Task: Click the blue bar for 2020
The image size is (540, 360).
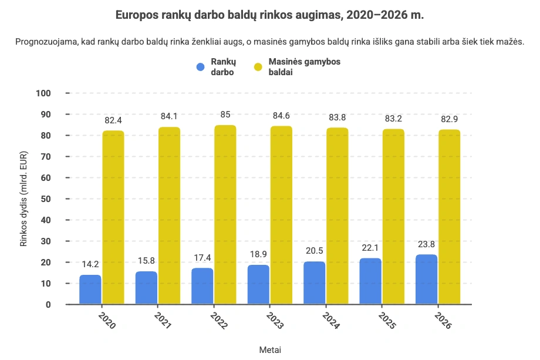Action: click(x=90, y=290)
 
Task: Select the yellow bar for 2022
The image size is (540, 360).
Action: click(x=225, y=215)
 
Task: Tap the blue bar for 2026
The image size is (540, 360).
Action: click(x=427, y=280)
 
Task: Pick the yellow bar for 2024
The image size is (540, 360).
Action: click(x=337, y=216)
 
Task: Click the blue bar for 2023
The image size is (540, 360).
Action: click(x=258, y=285)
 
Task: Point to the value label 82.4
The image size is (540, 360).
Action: click(x=113, y=120)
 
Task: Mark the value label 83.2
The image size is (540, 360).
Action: click(x=393, y=119)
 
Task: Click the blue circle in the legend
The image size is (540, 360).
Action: click(x=201, y=68)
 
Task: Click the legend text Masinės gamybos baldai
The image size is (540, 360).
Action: click(x=304, y=67)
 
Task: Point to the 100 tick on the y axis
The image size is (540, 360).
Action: click(x=43, y=93)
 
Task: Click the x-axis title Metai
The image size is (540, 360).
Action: click(x=270, y=349)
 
